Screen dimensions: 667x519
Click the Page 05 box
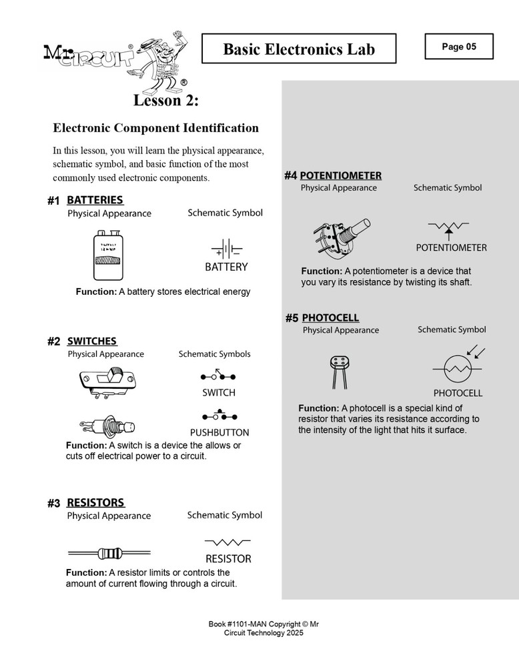[x=459, y=47]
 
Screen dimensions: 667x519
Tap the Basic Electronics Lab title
[x=299, y=49]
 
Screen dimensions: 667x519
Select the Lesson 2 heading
[x=166, y=101]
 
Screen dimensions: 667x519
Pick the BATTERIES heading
[x=95, y=200]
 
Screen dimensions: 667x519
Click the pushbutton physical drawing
[x=109, y=425]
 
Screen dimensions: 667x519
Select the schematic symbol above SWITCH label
[x=219, y=375]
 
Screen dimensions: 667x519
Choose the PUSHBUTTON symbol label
[x=219, y=432]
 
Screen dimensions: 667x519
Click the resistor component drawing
[x=109, y=552]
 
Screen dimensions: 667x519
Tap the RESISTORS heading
[x=95, y=503]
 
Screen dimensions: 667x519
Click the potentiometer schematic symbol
[x=451, y=228]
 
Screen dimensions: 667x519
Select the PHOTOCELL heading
[x=330, y=318]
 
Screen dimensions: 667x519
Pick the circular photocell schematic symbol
[x=458, y=368]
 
